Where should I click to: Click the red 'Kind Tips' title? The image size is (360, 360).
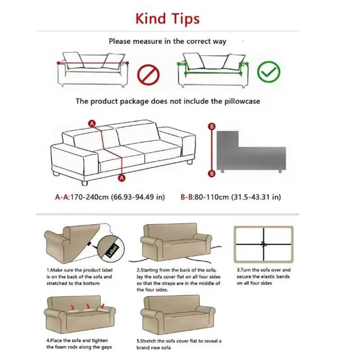click(x=167, y=19)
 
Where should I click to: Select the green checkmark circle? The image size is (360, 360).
click(x=269, y=72)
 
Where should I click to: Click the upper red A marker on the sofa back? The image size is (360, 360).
click(x=92, y=123)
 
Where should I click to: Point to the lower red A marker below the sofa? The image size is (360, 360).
click(x=121, y=178)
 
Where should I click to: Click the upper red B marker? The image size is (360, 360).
click(x=211, y=127)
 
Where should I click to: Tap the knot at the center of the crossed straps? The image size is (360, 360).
click(x=264, y=245)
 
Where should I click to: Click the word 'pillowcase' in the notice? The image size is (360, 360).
click(x=242, y=101)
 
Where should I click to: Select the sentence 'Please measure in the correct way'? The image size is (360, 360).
click(x=167, y=41)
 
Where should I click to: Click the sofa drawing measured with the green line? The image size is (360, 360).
click(x=214, y=70)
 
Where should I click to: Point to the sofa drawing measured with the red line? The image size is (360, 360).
click(x=92, y=70)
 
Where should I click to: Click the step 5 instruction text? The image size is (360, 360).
click(x=179, y=344)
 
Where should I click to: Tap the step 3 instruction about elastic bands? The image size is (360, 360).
click(x=264, y=276)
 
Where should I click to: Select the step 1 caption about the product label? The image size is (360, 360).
click(x=79, y=276)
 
